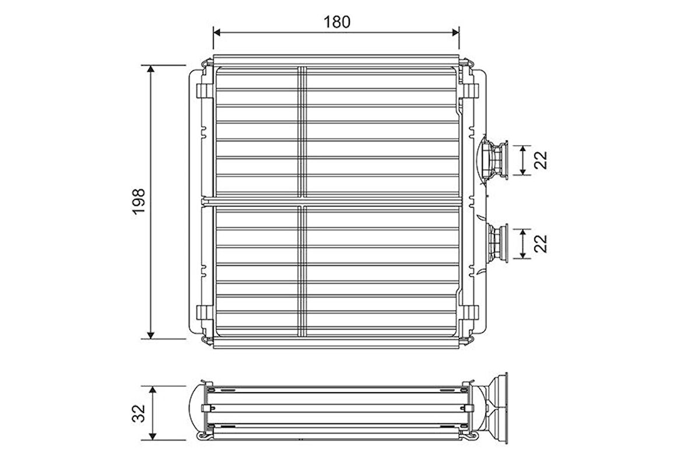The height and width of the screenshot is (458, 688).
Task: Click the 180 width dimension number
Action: (336, 22)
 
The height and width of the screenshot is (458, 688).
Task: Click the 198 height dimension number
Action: (139, 201)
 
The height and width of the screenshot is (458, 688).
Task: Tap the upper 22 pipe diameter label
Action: (542, 160)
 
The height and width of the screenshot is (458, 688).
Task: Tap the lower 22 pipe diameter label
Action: (542, 243)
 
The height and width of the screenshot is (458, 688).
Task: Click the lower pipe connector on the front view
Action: (496, 242)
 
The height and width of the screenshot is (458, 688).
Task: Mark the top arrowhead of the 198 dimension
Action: (151, 69)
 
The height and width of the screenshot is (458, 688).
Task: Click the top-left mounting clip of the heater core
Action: (204, 91)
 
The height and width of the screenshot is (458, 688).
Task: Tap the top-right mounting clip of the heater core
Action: (471, 91)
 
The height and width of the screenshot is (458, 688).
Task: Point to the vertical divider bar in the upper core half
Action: (302, 131)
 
